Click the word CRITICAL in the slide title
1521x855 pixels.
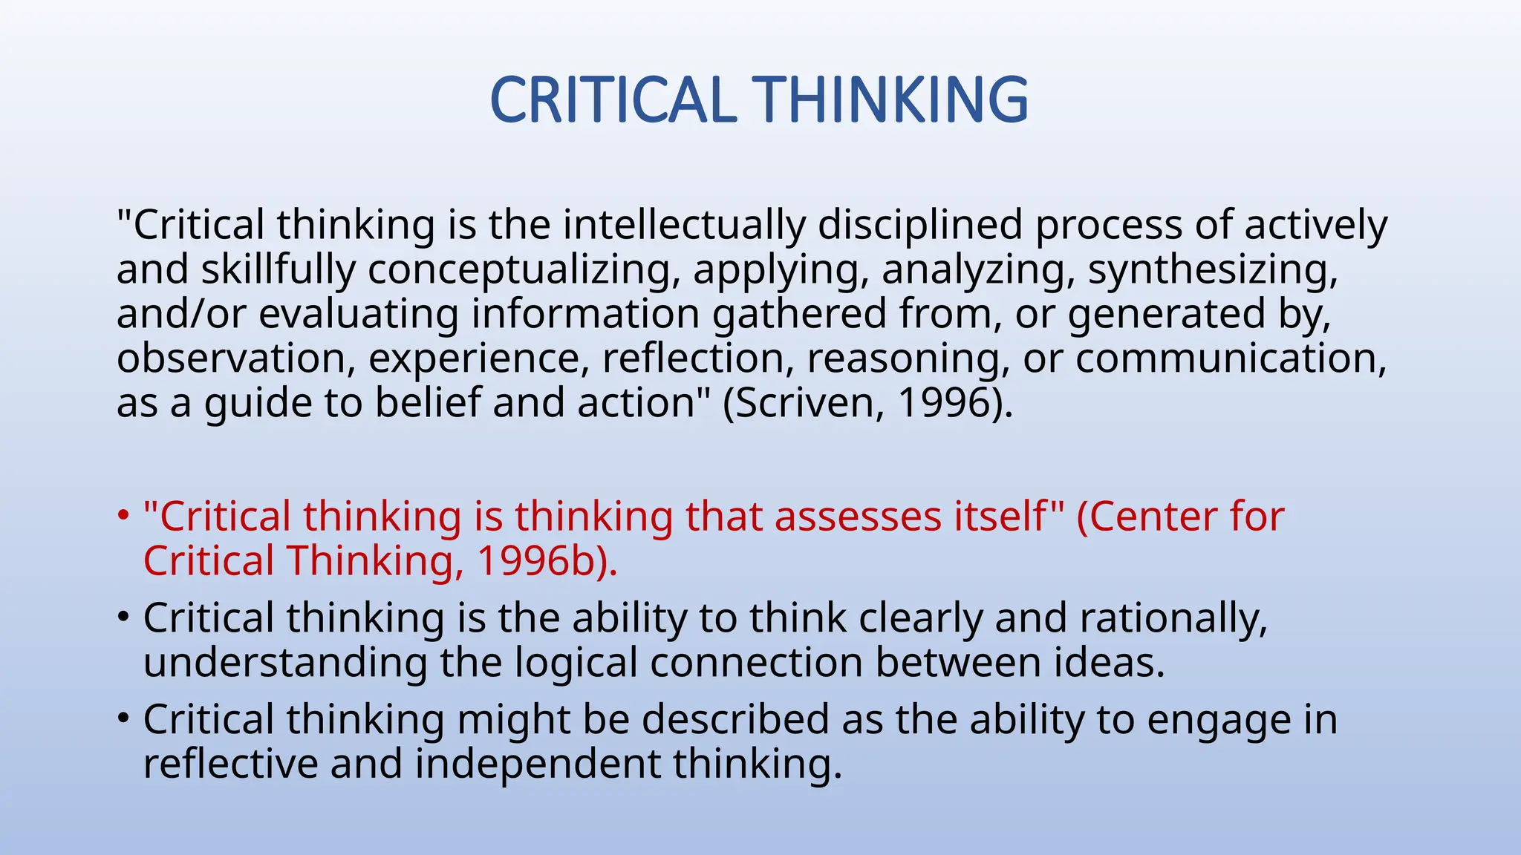pos(613,100)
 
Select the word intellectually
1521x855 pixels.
pos(684,224)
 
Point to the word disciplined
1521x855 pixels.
pos(920,224)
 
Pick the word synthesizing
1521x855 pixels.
pos(1212,269)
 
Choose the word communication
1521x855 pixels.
pos(1230,358)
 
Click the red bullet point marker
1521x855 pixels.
pos(123,515)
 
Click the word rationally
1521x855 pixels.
pos(1173,618)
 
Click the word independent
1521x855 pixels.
pos(537,764)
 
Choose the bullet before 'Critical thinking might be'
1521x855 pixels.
pos(123,718)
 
